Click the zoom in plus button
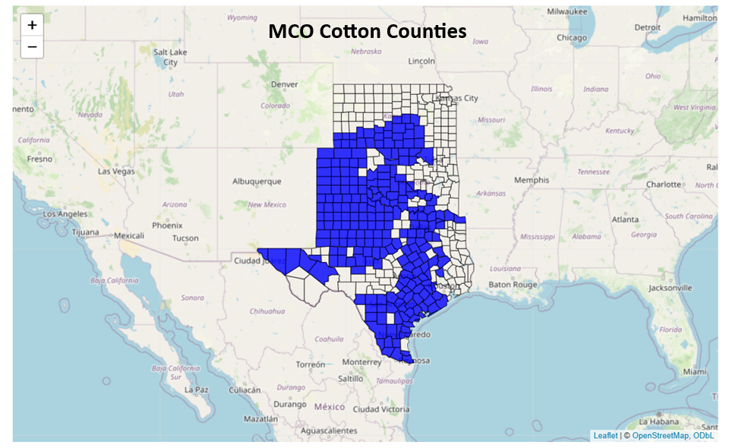click(32, 25)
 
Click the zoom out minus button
click(32, 47)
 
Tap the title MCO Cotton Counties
click(367, 31)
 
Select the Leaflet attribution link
click(605, 436)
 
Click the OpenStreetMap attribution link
click(659, 436)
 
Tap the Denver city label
click(285, 84)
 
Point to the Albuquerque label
click(257, 181)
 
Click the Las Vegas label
click(116, 171)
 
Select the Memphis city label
click(532, 180)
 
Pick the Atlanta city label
click(626, 219)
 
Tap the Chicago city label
click(571, 38)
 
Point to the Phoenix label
click(166, 226)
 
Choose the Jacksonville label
click(670, 288)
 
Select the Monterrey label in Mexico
click(361, 362)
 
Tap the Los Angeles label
click(65, 214)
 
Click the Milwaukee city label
click(567, 11)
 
